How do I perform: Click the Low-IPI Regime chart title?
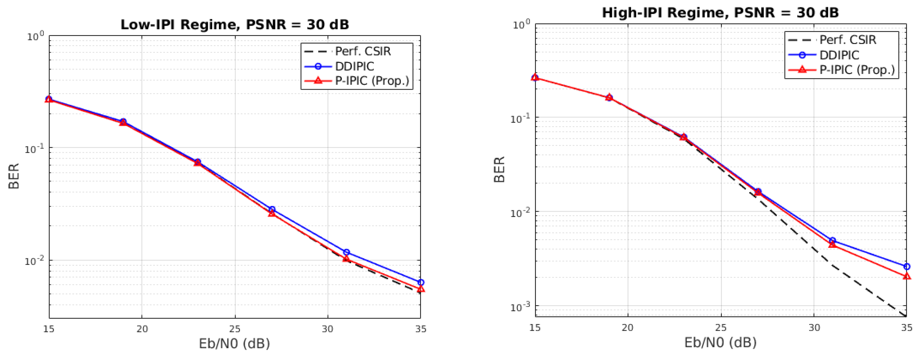click(234, 25)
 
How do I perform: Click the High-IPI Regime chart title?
click(720, 13)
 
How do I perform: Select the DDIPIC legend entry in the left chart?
click(355, 66)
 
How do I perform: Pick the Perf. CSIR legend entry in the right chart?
click(848, 40)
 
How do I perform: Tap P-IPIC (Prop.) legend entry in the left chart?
click(372, 81)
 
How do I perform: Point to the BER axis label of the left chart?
click(14, 176)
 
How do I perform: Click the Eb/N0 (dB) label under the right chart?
click(720, 343)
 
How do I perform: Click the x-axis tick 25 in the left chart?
click(234, 329)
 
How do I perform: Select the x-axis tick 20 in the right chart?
click(628, 327)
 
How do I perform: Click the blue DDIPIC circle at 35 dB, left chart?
click(420, 282)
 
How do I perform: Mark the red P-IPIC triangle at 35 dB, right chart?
click(907, 276)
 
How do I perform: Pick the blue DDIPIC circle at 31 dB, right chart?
click(832, 240)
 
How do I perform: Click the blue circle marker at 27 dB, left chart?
click(272, 209)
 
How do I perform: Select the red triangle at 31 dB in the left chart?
click(346, 258)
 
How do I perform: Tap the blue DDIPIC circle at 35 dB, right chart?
click(907, 266)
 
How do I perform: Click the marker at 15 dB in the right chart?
click(535, 77)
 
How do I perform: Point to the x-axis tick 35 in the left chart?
click(420, 329)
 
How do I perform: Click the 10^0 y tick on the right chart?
click(521, 25)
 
